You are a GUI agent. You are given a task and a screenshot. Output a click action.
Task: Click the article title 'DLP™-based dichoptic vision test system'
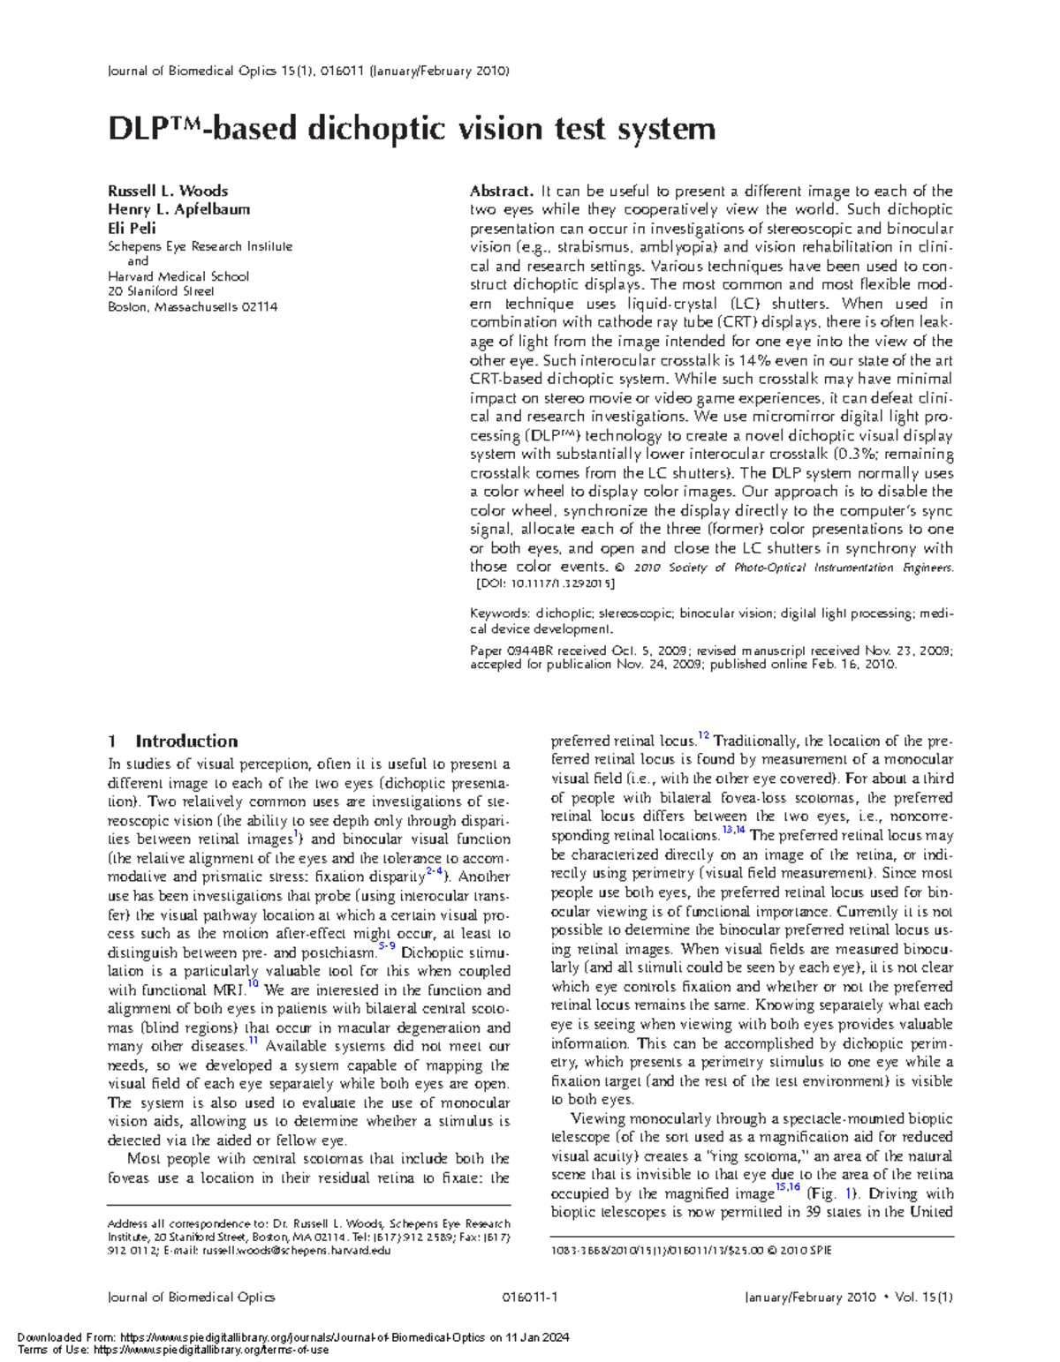pyautogui.click(x=411, y=130)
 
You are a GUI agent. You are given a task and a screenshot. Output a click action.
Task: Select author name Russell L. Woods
pyautogui.click(x=168, y=191)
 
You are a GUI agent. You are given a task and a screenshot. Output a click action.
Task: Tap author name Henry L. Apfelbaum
pyautogui.click(x=178, y=209)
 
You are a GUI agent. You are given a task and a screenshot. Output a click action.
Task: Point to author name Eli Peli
pyautogui.click(x=132, y=228)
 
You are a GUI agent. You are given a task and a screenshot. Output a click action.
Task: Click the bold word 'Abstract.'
pyautogui.click(x=502, y=191)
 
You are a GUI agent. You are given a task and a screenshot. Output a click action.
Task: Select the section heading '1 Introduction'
pyautogui.click(x=172, y=741)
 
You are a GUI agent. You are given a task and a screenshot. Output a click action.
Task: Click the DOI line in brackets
pyautogui.click(x=545, y=583)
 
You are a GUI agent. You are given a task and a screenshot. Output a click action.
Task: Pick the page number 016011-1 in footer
pyautogui.click(x=529, y=1297)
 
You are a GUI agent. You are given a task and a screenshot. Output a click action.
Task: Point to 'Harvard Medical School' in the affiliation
pyautogui.click(x=178, y=276)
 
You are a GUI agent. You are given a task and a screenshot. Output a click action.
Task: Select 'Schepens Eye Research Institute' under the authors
pyautogui.click(x=200, y=247)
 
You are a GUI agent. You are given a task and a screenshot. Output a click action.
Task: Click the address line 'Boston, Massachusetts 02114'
pyautogui.click(x=193, y=307)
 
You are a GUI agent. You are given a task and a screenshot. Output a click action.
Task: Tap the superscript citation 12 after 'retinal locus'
pyautogui.click(x=703, y=736)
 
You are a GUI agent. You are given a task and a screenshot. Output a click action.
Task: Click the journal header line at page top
pyautogui.click(x=308, y=71)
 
